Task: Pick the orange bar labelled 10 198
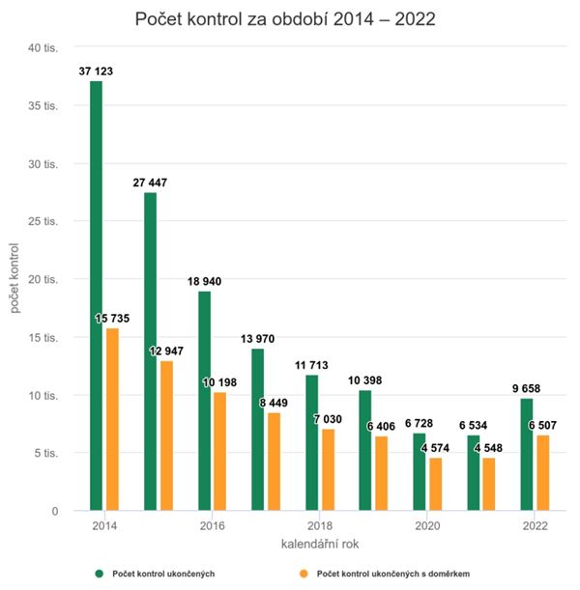pyautogui.click(x=219, y=450)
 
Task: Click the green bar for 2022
pyautogui.click(x=526, y=454)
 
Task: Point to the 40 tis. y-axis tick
pyautogui.click(x=43, y=48)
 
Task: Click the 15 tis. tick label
pyautogui.click(x=43, y=338)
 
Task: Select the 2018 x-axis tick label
pyautogui.click(x=319, y=526)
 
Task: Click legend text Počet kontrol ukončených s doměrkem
pyautogui.click(x=395, y=574)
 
